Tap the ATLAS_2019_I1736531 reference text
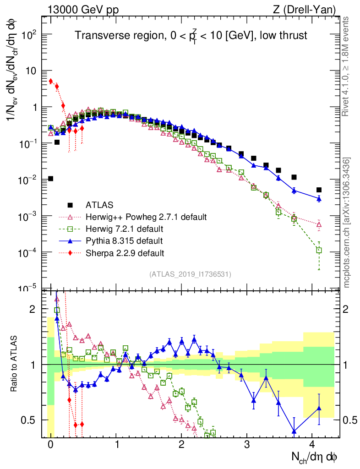click(190, 274)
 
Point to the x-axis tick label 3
click(247, 445)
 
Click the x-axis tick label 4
click(312, 445)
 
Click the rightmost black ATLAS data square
click(319, 190)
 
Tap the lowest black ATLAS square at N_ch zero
click(50, 179)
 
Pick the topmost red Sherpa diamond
click(51, 81)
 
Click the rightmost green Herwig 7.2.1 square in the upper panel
click(319, 250)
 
